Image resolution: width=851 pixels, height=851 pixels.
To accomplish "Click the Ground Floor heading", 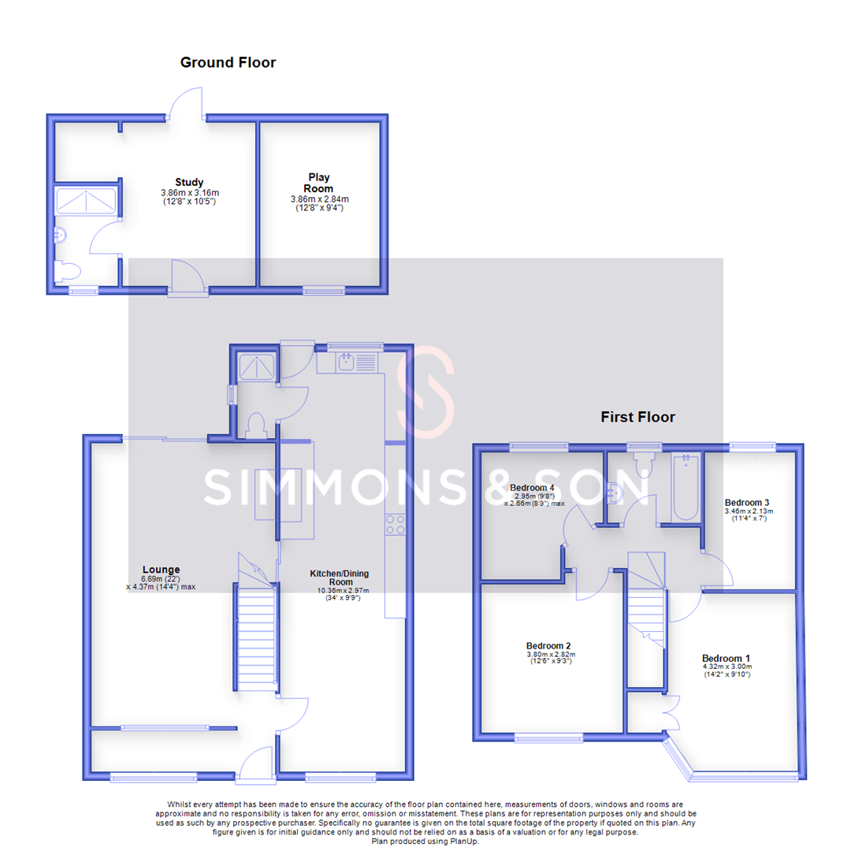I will pos(228,62).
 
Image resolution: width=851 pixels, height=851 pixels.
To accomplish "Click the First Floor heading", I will pos(637,417).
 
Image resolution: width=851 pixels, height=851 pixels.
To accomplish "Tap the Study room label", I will pos(189,183).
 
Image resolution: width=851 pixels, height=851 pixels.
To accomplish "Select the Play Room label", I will pos(318,183).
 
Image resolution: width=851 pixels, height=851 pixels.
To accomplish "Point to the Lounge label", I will pos(161,569).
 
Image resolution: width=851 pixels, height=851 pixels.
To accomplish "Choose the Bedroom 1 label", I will pos(727,658).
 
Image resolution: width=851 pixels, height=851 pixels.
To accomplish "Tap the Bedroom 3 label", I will pos(746,502).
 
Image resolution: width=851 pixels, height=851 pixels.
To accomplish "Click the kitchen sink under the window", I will pos(347,363).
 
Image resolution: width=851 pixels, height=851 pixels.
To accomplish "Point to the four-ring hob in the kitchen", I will pos(395,524).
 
